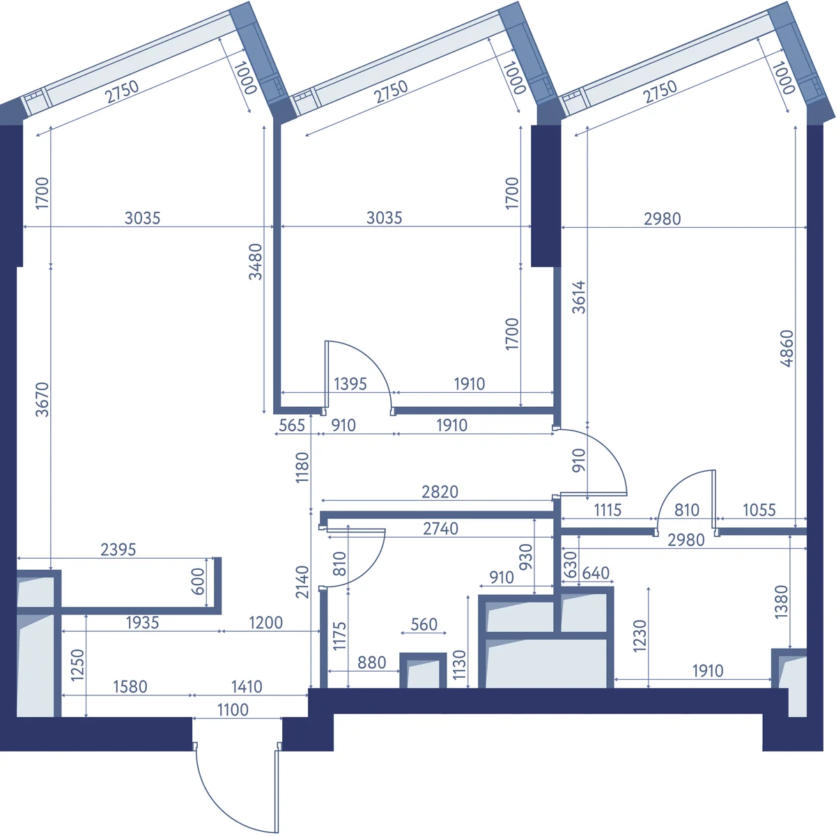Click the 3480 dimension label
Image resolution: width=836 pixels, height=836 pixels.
coord(256,262)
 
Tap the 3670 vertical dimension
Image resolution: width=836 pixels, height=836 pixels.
coord(42,400)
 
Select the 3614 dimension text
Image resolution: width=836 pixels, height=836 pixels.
coord(579,297)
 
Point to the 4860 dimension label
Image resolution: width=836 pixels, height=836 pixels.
coord(787,348)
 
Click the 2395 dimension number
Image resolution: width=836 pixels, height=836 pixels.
coord(118,550)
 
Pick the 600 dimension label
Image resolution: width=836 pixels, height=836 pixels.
coord(197,581)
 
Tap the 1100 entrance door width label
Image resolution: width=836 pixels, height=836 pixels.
coord(233,710)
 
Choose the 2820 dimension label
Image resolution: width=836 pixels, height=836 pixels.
coord(440,492)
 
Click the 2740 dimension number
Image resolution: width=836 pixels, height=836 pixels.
coord(441,529)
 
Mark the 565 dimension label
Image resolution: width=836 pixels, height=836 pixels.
coord(292,426)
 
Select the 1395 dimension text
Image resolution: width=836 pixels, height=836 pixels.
coord(350,384)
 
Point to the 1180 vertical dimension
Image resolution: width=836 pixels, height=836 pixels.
coord(302,467)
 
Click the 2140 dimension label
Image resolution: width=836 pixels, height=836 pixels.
coord(302,582)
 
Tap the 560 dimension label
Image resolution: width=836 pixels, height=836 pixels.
coord(424,625)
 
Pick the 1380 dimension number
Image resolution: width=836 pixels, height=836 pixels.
coord(781,602)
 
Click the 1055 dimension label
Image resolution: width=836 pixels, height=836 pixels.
coord(759,510)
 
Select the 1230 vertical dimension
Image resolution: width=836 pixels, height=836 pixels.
coord(640,637)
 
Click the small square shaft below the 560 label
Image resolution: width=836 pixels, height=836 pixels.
coord(423,670)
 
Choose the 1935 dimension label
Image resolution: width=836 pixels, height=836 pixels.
coord(142,623)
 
